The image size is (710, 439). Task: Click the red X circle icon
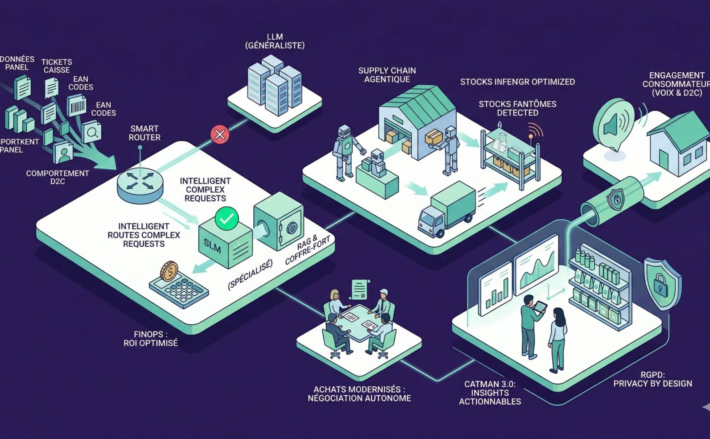(x=220, y=134)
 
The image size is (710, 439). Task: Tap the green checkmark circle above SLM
(x=227, y=219)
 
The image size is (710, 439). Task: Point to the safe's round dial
(x=292, y=228)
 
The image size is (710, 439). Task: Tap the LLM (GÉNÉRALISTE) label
(x=274, y=41)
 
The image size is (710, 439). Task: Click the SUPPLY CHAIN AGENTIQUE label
(x=387, y=75)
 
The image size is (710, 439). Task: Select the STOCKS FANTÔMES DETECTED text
(x=517, y=108)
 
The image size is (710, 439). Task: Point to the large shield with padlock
(x=662, y=284)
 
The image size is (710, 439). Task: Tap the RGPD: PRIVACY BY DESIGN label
(x=653, y=379)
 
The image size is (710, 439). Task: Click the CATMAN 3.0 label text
(x=490, y=393)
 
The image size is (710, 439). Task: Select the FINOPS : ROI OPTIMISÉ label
(x=150, y=338)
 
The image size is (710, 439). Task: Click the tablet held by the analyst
(x=540, y=307)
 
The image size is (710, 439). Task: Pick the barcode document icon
(x=77, y=106)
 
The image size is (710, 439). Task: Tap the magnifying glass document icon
(x=92, y=132)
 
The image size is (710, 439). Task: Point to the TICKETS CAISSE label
(x=57, y=66)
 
